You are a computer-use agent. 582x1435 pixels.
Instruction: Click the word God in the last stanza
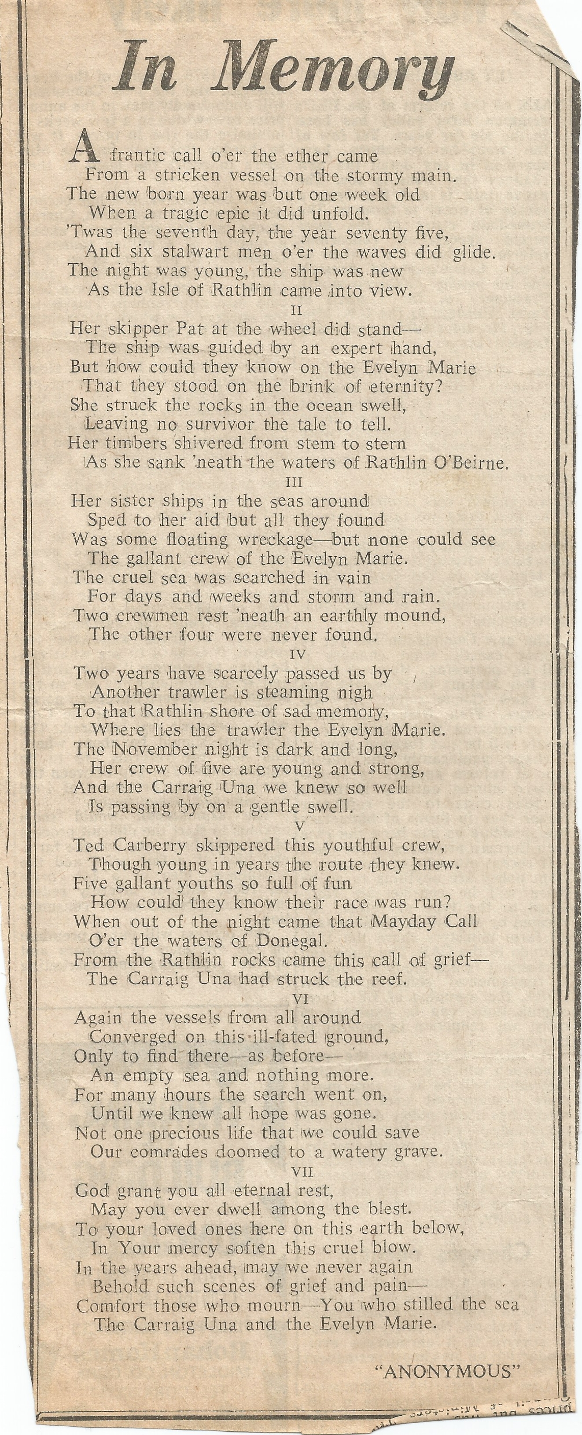tap(89, 1190)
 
